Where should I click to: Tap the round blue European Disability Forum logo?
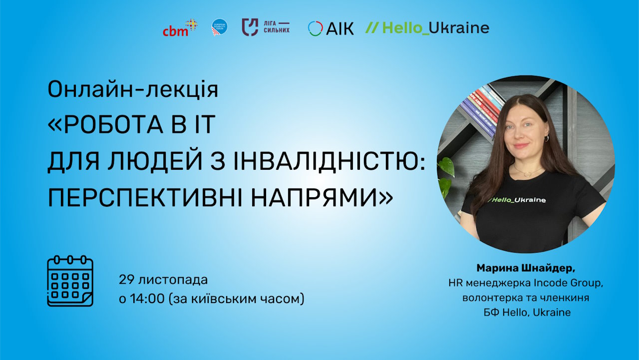click(x=220, y=27)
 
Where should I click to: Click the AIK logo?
click(x=330, y=28)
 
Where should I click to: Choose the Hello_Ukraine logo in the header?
click(x=427, y=27)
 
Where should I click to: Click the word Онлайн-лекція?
click(x=133, y=90)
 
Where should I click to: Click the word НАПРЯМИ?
click(x=315, y=199)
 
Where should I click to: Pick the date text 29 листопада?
click(x=163, y=280)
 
